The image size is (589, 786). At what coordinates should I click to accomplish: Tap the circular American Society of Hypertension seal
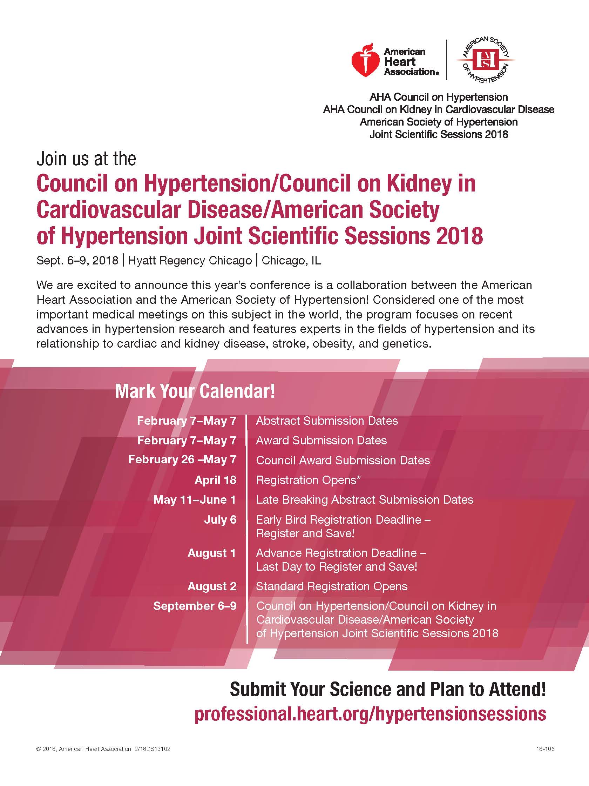tap(485, 60)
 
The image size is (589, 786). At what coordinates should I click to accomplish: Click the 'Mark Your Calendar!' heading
tap(195, 391)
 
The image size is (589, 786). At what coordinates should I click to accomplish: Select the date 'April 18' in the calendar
tap(215, 480)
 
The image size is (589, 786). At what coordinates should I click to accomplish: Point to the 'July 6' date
tap(220, 519)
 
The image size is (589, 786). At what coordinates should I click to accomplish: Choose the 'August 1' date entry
tap(211, 553)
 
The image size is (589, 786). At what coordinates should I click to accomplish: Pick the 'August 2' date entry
tap(212, 586)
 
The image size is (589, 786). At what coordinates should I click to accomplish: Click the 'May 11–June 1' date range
tap(194, 499)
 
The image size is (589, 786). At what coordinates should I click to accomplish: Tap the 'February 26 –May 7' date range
tap(182, 459)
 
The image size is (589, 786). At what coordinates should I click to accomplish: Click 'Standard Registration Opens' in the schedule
tap(331, 586)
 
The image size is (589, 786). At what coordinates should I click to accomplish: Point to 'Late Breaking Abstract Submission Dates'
tap(365, 499)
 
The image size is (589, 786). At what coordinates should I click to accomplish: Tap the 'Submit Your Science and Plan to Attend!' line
tap(387, 689)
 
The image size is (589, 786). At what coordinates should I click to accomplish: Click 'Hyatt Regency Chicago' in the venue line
tap(190, 261)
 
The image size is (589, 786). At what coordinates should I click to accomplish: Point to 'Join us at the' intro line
tap(86, 159)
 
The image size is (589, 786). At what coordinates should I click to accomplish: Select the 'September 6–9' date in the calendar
tap(195, 606)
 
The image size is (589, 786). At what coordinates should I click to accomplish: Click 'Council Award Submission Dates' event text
tap(343, 460)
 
